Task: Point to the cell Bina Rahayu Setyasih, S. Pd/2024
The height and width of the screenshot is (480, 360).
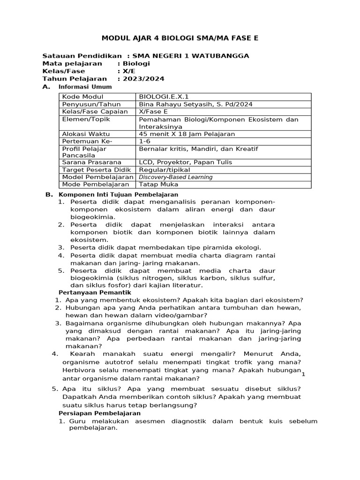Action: pos(187,104)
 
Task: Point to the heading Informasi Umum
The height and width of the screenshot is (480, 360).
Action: pos(85,87)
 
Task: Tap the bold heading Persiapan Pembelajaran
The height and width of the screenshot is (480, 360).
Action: pos(99,413)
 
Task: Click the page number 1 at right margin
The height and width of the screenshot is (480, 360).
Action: pos(303,374)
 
